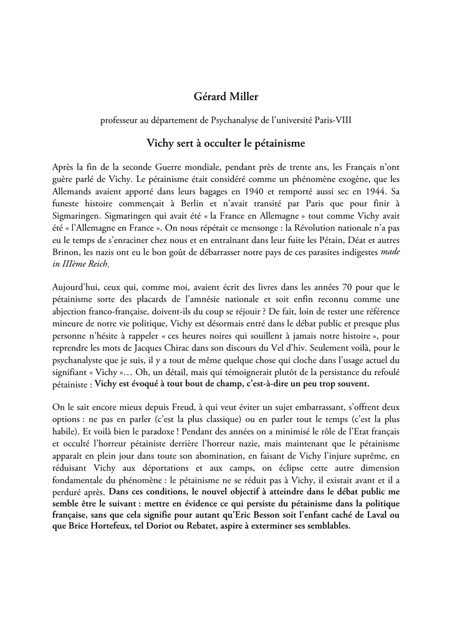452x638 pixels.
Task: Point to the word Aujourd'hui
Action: tap(77, 287)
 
